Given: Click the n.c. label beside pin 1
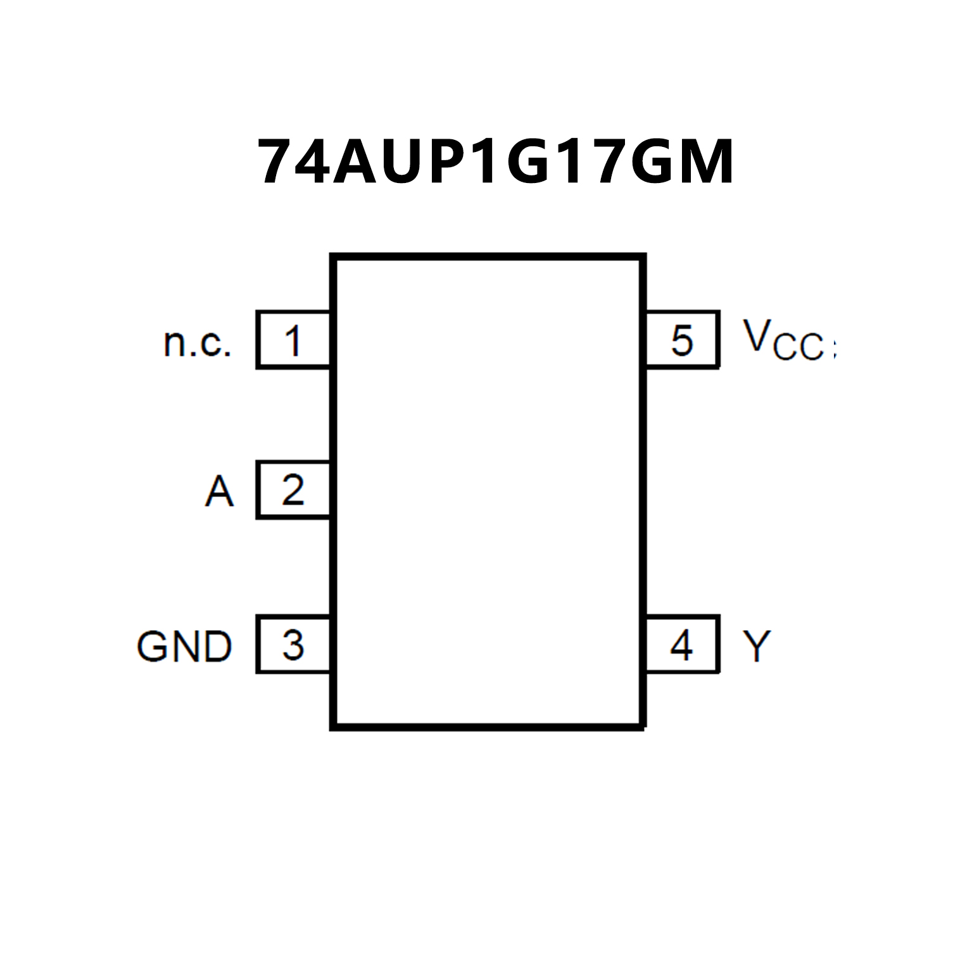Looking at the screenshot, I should pos(198,343).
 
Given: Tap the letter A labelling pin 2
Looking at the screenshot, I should pos(219,491).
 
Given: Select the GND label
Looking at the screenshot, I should pos(184,647).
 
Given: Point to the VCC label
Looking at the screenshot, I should pos(787,340).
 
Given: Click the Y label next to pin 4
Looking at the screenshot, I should pos(757,647).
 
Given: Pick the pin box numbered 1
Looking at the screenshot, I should pos(293,340).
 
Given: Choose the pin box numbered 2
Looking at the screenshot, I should pos(293,490).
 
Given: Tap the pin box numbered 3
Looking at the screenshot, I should pos(293,645).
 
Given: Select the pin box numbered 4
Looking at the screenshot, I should pos(682,645).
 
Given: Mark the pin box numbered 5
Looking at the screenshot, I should pos(682,340).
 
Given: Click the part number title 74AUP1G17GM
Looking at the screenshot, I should pos(495,162).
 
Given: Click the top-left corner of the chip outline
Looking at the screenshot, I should pos(334,257).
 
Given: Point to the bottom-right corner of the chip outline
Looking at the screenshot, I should pos(642,726).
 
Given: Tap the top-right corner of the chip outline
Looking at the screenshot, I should pos(642,257).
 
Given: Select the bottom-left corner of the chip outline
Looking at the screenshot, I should pos(334,726).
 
